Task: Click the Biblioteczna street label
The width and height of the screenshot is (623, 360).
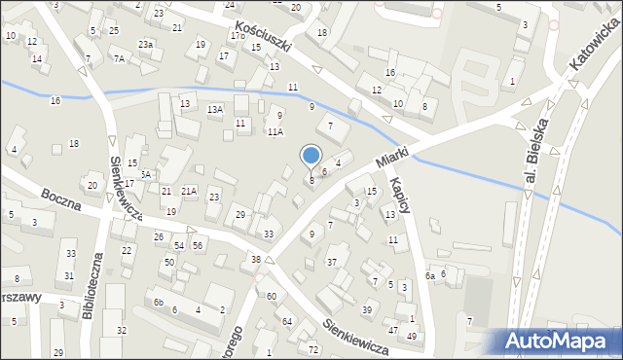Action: click(x=98, y=287)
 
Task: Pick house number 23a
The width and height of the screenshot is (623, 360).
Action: click(x=145, y=45)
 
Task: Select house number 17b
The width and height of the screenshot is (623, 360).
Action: click(x=238, y=36)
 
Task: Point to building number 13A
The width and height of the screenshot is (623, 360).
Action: click(x=215, y=110)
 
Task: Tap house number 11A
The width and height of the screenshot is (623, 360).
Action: click(x=275, y=131)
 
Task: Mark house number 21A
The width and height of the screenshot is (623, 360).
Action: click(x=189, y=192)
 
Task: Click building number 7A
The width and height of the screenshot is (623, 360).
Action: click(x=119, y=59)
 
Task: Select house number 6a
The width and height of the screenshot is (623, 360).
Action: click(x=429, y=275)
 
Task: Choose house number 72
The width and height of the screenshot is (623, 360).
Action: click(x=312, y=348)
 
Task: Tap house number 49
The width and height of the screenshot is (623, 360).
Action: click(x=412, y=336)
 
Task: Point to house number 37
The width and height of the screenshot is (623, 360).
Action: click(x=332, y=263)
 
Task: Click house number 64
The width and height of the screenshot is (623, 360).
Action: click(x=287, y=321)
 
